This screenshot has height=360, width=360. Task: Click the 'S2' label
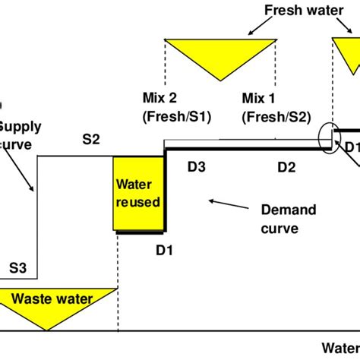coord(91,139)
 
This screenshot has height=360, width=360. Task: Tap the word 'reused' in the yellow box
coord(137,202)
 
